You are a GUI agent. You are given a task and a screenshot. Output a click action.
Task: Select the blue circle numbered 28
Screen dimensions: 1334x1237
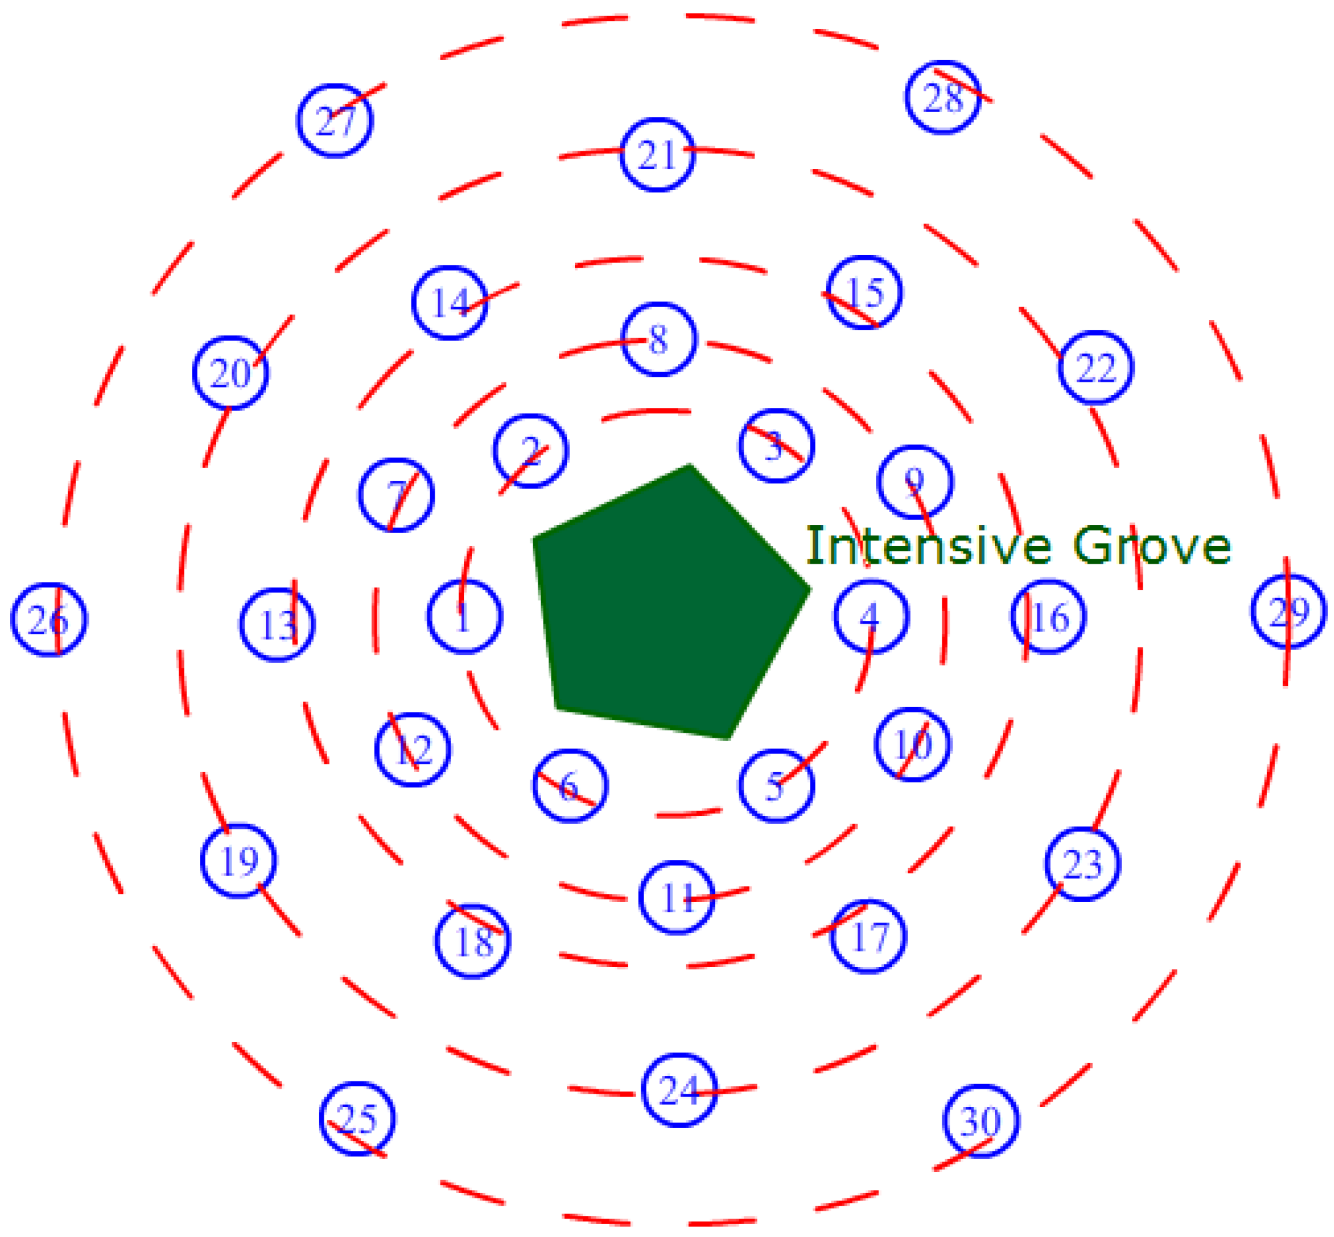[943, 98]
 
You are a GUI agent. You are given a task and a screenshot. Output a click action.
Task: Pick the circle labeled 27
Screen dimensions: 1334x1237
[335, 121]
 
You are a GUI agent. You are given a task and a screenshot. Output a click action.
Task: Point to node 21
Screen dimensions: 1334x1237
[658, 155]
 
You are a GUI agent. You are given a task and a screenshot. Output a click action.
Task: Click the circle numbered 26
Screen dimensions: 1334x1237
[49, 620]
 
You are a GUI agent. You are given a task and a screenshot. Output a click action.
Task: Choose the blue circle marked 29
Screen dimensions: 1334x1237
[1289, 611]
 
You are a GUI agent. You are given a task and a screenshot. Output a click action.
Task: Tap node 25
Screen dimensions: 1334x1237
[357, 1119]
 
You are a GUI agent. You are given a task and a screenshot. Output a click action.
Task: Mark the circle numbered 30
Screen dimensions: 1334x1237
[981, 1121]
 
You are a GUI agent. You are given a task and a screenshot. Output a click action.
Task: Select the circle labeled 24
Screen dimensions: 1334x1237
[680, 1091]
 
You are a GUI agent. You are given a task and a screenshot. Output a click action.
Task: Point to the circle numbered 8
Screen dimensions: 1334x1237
[659, 339]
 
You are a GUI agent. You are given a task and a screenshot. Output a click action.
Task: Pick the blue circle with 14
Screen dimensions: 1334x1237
[449, 303]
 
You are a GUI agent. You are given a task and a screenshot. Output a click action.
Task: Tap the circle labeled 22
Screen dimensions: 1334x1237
[1096, 368]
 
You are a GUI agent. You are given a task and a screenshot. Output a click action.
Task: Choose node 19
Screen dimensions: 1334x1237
[239, 861]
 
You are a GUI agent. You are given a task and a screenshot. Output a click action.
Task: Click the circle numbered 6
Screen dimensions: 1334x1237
[570, 786]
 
